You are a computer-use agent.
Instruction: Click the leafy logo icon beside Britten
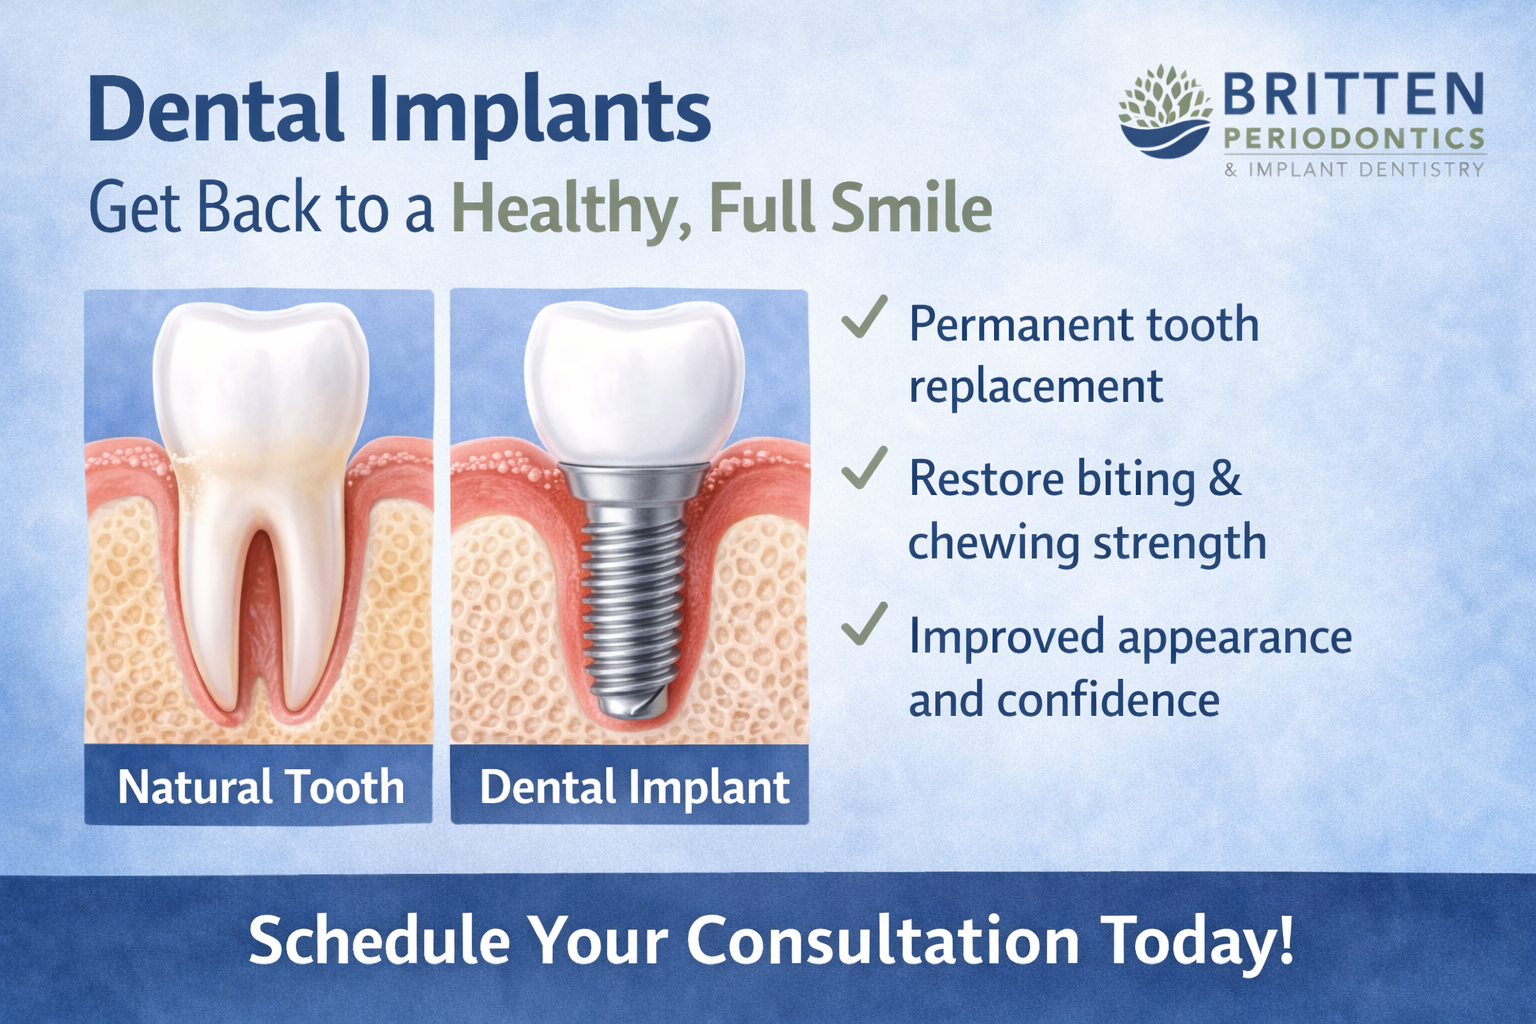coord(1165,111)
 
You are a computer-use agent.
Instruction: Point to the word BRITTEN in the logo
coord(1353,95)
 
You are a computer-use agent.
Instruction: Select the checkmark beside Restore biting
coord(864,468)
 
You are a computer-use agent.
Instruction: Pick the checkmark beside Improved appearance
coord(864,625)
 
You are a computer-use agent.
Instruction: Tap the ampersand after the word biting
coord(1225,479)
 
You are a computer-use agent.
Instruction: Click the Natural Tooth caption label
coord(260,787)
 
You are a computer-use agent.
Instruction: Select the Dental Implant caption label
coord(634,787)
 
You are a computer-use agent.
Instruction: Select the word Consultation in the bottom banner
coord(883,941)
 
